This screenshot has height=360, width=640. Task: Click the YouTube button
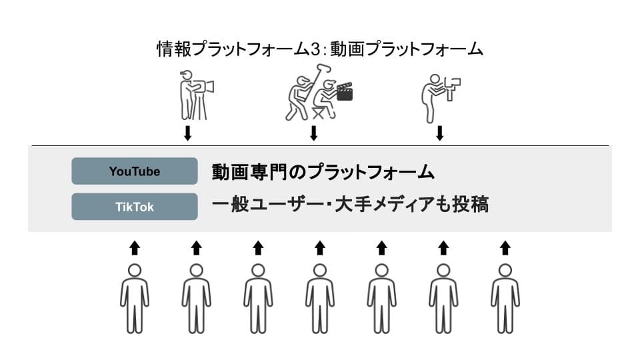click(135, 171)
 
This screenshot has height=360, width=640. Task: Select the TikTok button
click(135, 207)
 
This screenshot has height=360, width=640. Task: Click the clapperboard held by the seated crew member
click(345, 92)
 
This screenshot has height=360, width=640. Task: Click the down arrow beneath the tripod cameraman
click(187, 133)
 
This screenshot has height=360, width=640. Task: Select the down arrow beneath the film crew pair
click(313, 133)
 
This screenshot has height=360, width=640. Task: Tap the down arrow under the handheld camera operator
click(439, 133)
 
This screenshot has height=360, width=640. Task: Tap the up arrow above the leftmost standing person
click(135, 248)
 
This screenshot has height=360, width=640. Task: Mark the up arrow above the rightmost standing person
click(505, 248)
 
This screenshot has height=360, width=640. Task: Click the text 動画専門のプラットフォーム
click(323, 172)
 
